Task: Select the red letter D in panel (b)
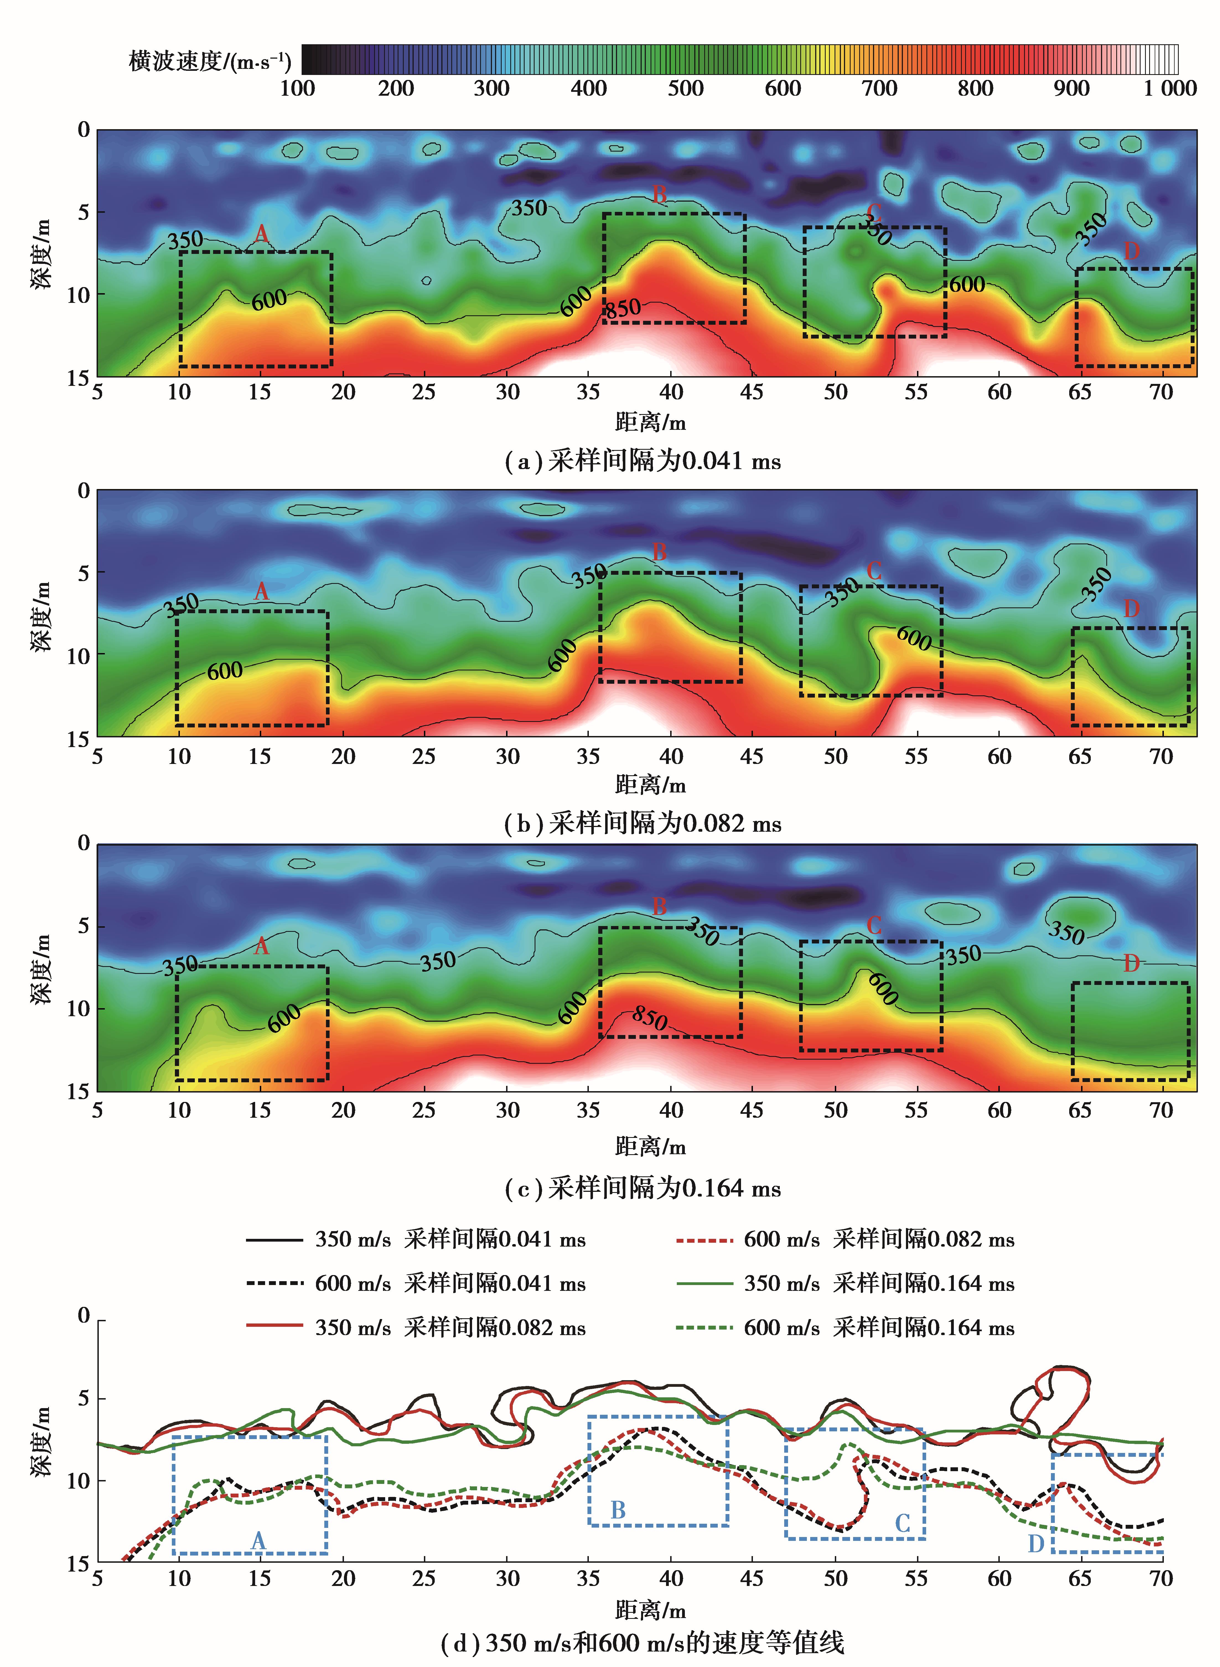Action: pos(1131,609)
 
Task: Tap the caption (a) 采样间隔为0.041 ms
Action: pos(643,461)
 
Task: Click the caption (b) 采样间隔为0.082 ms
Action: pos(643,823)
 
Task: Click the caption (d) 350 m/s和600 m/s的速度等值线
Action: pos(643,1643)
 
